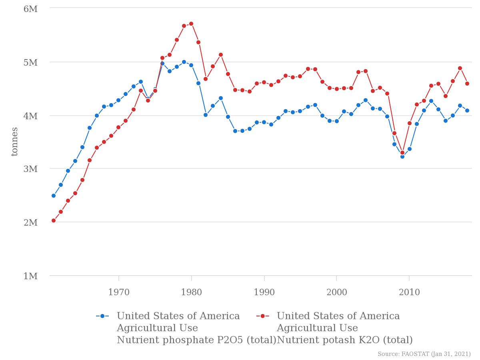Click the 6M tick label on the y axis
click(30, 9)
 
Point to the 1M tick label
click(30, 276)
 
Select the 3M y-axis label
click(30, 169)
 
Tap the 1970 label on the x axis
click(119, 292)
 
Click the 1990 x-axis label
click(264, 292)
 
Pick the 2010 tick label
click(409, 292)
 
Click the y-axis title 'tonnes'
click(14, 142)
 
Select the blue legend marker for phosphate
click(102, 316)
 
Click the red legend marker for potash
click(263, 316)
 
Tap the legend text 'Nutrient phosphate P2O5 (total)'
click(196, 340)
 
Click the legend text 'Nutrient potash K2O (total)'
click(345, 340)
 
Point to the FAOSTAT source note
click(424, 354)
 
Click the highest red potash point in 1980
click(191, 24)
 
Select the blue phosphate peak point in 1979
click(184, 62)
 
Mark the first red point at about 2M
click(54, 220)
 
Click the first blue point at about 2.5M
click(54, 196)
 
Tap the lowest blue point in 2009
click(402, 156)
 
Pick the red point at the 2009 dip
click(402, 152)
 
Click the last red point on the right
click(467, 84)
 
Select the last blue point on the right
click(467, 110)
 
